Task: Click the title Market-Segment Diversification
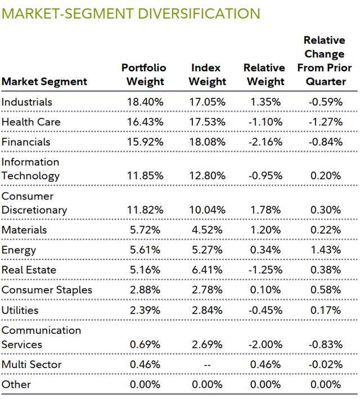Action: [131, 13]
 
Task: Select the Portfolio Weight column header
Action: [144, 75]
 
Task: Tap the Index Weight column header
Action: [207, 75]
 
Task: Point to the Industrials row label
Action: [26, 102]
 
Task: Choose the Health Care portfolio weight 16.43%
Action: [144, 122]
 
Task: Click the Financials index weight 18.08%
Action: [207, 142]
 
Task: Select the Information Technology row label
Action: [30, 169]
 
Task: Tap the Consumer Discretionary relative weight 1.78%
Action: [264, 210]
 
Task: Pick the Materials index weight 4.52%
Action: [207, 230]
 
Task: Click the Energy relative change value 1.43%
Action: [325, 250]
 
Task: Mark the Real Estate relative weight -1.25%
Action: [264, 270]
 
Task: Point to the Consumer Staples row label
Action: [46, 290]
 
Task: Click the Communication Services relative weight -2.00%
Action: [264, 344]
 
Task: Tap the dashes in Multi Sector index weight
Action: [207, 365]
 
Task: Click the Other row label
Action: [16, 385]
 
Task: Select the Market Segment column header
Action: [44, 81]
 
